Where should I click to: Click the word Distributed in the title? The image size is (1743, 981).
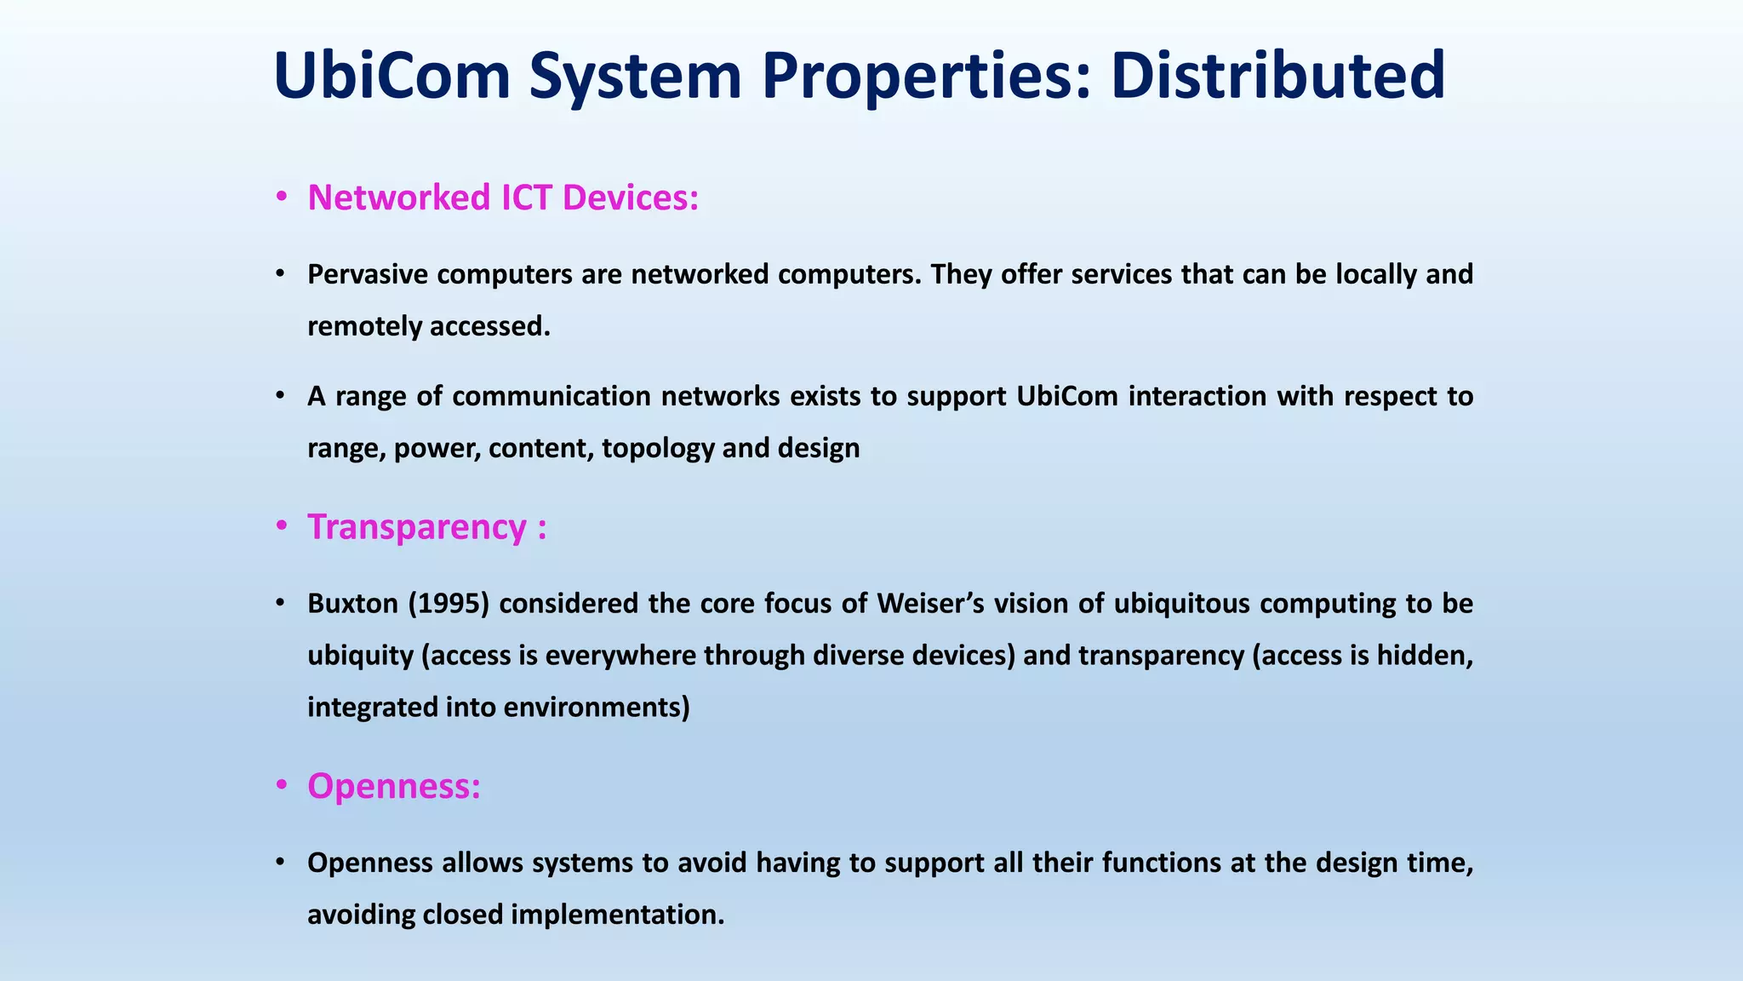pos(1277,75)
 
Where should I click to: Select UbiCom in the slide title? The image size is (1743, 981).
pos(391,75)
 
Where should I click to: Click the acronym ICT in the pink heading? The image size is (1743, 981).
pos(527,198)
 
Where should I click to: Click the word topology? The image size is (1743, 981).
pos(658,449)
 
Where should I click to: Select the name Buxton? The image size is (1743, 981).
pos(352,604)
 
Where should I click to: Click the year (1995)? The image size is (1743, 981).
pos(449,604)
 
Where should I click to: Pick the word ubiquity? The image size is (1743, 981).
pos(360,656)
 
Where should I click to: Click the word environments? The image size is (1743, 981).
pos(597,708)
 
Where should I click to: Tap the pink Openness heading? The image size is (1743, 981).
pos(393,786)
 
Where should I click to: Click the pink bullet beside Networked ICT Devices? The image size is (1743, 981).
pos(281,198)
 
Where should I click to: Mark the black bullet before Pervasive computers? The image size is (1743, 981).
pos(279,274)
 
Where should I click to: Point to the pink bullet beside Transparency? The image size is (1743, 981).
pos(281,527)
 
